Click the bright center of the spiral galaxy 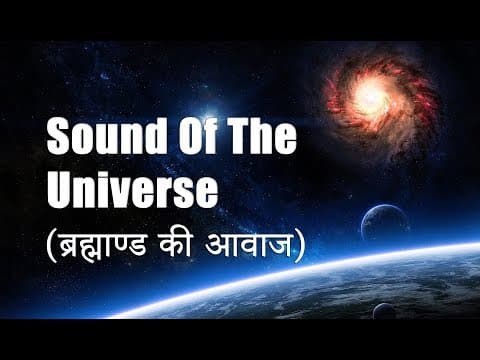pyautogui.click(x=372, y=96)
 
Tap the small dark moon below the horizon pyautogui.click(x=384, y=311)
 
